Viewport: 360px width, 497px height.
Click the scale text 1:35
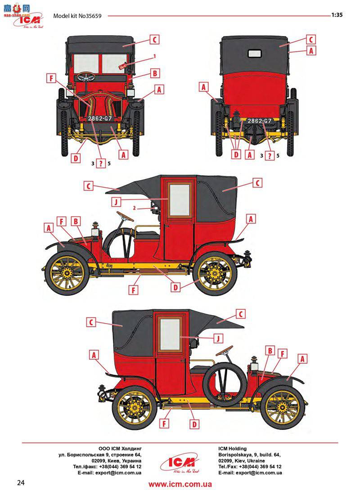pos(337,14)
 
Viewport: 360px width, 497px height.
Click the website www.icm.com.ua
pos(180,484)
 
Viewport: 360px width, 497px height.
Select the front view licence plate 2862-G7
pos(100,118)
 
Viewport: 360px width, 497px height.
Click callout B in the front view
pos(153,72)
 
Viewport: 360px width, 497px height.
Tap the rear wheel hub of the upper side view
pos(214,273)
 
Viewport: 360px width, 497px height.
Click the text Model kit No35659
pos(77,16)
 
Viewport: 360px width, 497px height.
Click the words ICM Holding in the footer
pos(232,448)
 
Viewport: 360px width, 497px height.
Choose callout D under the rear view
pos(236,154)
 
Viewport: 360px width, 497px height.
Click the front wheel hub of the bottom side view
pos(282,408)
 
